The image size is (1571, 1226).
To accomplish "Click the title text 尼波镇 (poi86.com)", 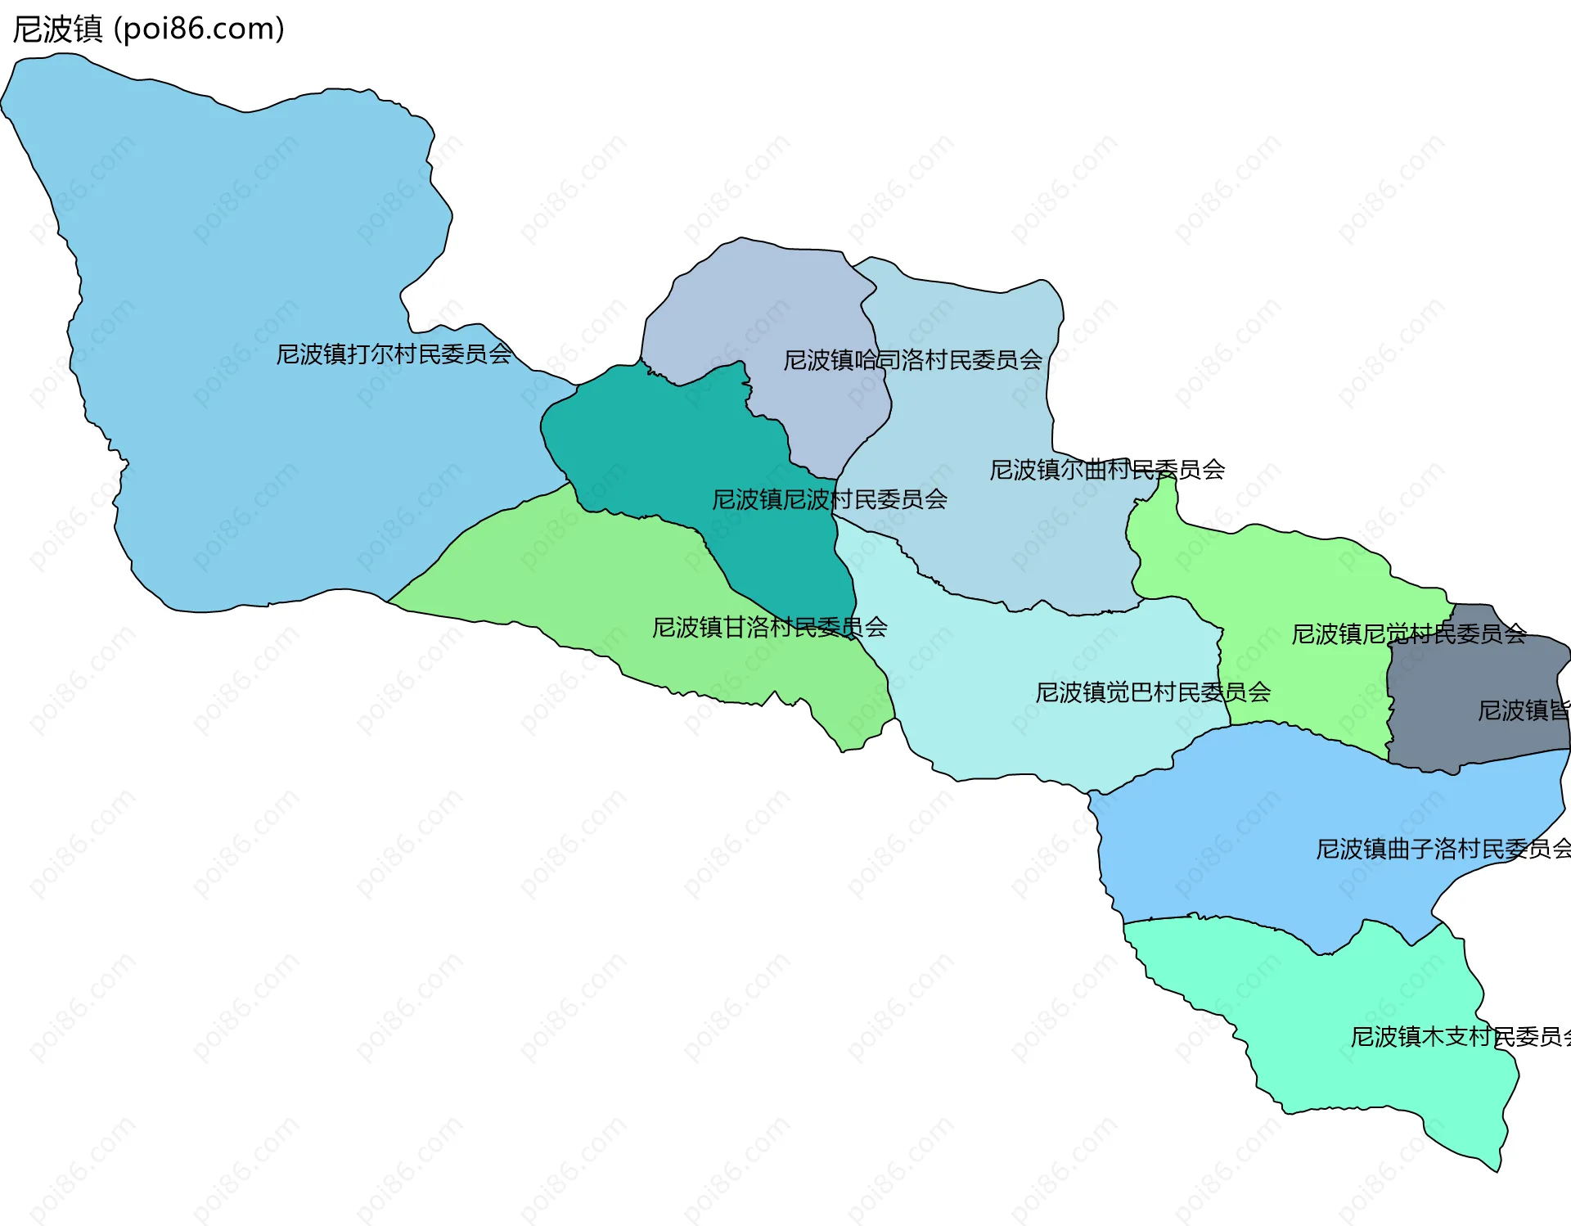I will (x=148, y=29).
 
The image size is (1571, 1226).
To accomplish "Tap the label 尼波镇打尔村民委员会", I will (x=394, y=354).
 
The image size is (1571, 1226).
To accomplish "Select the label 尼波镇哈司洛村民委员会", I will (x=912, y=360).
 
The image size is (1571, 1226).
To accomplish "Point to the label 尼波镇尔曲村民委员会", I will (x=1106, y=470).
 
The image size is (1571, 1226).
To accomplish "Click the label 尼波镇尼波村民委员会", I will (x=829, y=499).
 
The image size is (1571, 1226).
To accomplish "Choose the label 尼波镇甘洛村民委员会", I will (x=769, y=628).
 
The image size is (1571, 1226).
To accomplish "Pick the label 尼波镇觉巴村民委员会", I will (x=1152, y=692).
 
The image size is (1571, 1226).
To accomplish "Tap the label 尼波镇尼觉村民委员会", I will (x=1408, y=634).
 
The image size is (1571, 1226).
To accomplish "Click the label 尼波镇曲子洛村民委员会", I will (x=1442, y=849).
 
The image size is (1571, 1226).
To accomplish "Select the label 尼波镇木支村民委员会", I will (x=1459, y=1037).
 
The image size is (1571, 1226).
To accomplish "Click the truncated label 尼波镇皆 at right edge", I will (x=1523, y=710).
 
